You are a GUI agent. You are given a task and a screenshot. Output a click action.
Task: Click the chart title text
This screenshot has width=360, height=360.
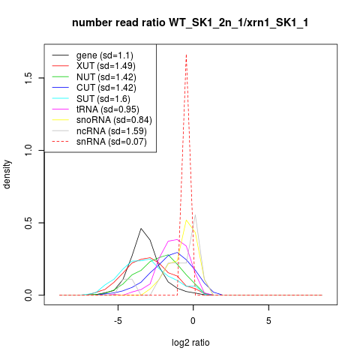(x=190, y=23)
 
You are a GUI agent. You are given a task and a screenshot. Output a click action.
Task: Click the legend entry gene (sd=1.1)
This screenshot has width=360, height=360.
(x=105, y=55)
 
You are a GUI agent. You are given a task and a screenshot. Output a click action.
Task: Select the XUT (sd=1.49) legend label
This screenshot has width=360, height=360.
(x=106, y=66)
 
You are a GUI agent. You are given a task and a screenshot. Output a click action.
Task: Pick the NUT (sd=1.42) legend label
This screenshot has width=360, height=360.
(x=106, y=77)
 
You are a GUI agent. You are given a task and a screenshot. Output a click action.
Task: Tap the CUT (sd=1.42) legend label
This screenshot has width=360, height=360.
(x=106, y=88)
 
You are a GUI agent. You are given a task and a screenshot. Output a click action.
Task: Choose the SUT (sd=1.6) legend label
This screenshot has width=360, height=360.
(x=103, y=99)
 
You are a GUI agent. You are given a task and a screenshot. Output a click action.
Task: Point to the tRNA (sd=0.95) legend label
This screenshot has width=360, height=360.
(x=108, y=109)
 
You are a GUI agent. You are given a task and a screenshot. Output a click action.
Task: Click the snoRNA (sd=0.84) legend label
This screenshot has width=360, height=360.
(x=114, y=120)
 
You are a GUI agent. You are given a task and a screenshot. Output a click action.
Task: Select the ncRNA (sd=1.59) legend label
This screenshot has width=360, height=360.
(x=112, y=131)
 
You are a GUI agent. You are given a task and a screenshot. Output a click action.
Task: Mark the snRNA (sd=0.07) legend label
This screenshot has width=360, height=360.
(x=112, y=142)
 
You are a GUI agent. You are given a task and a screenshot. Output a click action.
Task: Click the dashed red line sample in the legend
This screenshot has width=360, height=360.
(x=61, y=142)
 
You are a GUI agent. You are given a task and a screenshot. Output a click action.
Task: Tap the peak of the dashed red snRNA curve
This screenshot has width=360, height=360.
(x=186, y=54)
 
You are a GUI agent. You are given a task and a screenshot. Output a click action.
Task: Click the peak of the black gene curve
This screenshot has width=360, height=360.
(x=141, y=228)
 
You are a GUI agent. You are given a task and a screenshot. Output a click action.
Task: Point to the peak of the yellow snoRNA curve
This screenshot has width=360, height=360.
(x=186, y=220)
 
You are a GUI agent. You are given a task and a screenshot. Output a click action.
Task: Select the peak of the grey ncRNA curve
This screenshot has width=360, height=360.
(x=195, y=214)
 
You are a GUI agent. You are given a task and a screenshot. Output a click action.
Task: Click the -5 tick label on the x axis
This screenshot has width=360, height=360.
(x=118, y=321)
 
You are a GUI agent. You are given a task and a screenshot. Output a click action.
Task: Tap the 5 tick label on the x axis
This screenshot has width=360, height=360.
(x=268, y=321)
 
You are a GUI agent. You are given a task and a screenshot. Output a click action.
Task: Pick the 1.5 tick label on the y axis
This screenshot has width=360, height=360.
(x=28, y=78)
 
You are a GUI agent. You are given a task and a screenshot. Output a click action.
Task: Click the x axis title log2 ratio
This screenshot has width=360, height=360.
(x=190, y=343)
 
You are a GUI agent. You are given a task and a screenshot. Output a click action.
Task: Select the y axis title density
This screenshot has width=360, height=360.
(x=7, y=175)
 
